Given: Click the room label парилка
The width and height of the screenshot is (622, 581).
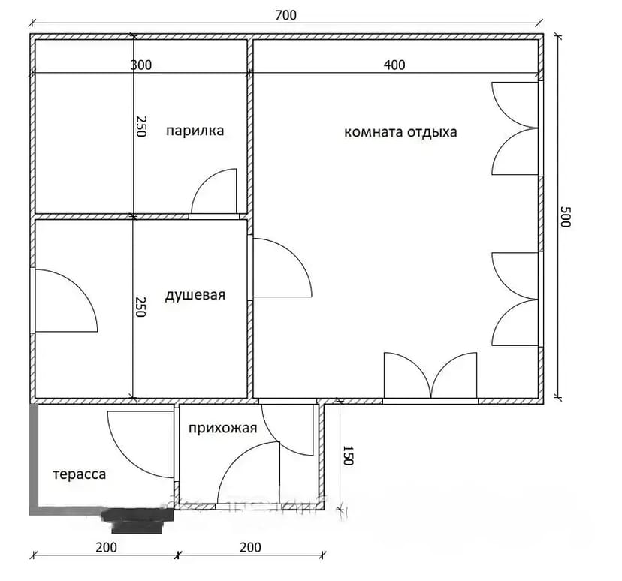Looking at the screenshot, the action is coord(195,131).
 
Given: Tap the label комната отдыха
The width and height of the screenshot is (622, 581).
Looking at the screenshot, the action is coord(400,132).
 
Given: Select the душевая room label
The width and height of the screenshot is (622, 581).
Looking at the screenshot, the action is coord(195,295).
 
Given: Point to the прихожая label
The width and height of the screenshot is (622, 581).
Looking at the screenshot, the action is coord(222,429).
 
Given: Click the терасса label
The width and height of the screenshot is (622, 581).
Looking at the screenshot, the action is coord(80,474).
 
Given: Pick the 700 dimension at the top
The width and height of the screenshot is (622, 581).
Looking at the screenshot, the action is coord(285,15).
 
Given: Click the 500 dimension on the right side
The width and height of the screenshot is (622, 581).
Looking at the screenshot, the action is coord(565,216).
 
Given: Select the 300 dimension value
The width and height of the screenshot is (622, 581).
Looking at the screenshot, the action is coord(140,65).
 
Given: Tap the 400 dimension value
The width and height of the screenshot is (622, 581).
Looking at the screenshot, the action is coord(394,65).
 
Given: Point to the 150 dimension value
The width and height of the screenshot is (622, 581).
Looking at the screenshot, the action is coord(347,456).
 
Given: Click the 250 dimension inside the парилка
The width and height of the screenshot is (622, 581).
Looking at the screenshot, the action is coord(140,126).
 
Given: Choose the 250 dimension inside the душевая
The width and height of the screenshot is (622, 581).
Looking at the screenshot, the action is coord(140,307).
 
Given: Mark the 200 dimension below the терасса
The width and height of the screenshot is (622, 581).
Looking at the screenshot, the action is coord(107,547).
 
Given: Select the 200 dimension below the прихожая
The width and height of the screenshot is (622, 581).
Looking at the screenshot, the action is coord(250,547).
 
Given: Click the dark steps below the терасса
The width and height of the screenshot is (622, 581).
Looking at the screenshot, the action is coord(137,521).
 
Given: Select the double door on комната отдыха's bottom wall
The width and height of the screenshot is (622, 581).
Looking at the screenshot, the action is coord(430,375).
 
